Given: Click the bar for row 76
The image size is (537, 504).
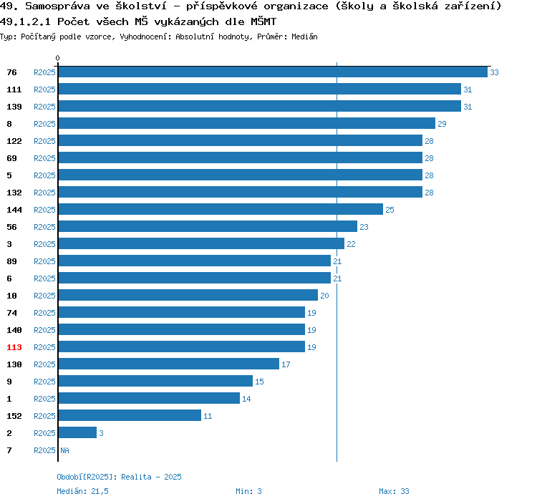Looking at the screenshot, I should tap(272, 72).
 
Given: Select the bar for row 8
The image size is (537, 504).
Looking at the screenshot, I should tap(246, 124).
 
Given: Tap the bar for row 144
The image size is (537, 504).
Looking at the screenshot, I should tap(221, 210).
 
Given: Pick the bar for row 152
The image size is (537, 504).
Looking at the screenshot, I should tap(130, 416).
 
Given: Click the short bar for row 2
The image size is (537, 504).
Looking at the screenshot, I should tap(77, 433).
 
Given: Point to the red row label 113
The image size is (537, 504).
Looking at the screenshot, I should tap(14, 347).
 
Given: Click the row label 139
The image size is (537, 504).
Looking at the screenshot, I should tap(14, 107).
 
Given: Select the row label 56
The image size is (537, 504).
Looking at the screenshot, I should tap(11, 227).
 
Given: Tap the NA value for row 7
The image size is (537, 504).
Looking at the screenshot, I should tap(64, 450).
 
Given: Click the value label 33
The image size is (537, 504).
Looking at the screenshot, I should tap(494, 72).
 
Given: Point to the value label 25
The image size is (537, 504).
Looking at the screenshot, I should tap(390, 210).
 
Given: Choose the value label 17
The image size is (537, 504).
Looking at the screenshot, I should tap(286, 364).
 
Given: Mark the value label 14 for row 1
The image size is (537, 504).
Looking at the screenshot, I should tap(246, 399).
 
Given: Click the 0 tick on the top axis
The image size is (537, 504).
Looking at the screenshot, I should tap(58, 58).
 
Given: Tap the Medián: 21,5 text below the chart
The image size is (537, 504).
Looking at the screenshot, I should tap(82, 491).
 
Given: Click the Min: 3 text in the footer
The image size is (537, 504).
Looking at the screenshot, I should tap(248, 491).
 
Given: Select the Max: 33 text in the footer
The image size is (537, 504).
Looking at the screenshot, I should tap(394, 491).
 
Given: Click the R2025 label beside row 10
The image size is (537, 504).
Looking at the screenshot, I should tap(44, 296).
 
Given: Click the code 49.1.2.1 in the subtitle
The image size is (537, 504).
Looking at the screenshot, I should tap(26, 21).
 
